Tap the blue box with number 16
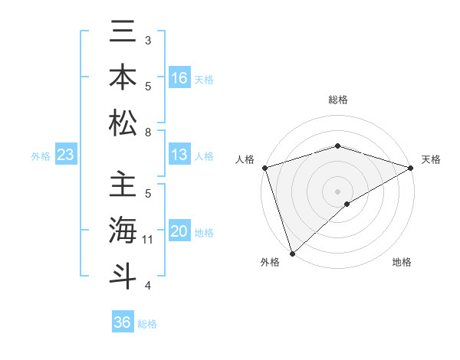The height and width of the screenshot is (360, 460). click(179, 78)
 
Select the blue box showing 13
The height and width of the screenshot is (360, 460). click(179, 155)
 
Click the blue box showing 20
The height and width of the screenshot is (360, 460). click(179, 232)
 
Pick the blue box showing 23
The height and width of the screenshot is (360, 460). click(66, 155)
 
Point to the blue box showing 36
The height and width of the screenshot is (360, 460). click(123, 322)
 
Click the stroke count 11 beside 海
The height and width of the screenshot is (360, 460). click(148, 240)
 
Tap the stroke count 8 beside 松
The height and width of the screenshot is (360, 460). click(148, 133)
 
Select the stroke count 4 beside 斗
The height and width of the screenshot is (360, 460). click(148, 286)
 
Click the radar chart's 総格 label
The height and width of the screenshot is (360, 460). click(338, 100)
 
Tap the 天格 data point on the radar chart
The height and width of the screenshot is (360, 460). click(411, 168)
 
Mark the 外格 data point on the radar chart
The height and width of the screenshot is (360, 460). click(292, 253)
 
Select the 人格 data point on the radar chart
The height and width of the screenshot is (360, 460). click(264, 168)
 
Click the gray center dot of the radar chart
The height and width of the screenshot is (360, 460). click(338, 191)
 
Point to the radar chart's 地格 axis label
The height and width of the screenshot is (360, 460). click(402, 262)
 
